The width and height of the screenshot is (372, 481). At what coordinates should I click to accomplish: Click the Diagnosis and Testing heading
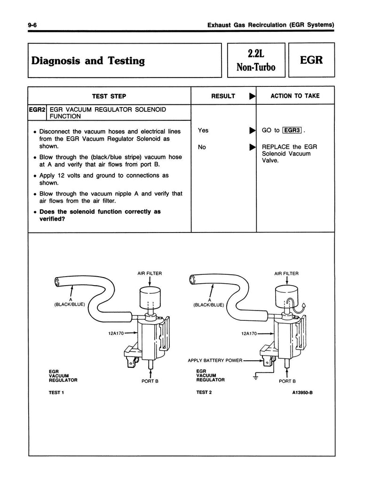[88, 61]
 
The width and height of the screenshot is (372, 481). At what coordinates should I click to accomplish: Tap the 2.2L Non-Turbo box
[255, 60]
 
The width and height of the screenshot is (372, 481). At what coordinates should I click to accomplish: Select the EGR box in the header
[311, 60]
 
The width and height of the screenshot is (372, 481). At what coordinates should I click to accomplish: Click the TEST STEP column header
[109, 96]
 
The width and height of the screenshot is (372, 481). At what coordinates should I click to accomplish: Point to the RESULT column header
[223, 96]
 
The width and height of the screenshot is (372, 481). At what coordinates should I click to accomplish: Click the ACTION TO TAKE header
[295, 96]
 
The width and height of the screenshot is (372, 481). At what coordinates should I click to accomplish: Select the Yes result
[203, 130]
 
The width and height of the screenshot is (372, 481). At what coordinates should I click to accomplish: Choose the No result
[202, 147]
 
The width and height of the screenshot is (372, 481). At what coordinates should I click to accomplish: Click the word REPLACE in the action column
[276, 147]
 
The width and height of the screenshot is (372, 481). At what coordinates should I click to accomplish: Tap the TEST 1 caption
[56, 393]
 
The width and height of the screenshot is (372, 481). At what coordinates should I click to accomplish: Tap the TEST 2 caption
[205, 393]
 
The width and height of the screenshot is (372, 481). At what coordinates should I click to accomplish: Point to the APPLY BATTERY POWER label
[215, 361]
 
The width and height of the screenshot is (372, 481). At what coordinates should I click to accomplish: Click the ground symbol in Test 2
[256, 376]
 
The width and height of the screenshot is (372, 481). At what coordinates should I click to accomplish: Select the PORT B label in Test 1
[150, 381]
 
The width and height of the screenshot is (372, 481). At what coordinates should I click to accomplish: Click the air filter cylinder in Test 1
[150, 297]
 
